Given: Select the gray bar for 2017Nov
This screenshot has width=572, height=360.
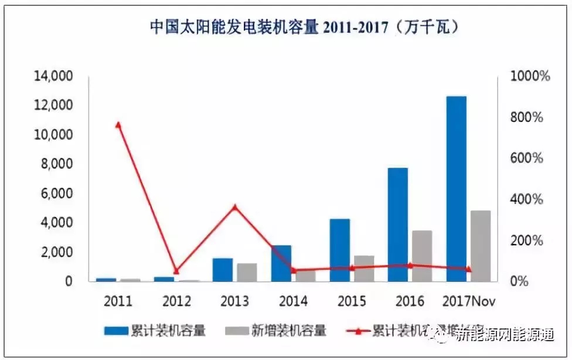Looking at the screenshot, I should (481, 246).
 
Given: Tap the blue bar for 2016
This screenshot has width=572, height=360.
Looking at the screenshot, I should (399, 225).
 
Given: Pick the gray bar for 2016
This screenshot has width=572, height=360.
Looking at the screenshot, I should (422, 256).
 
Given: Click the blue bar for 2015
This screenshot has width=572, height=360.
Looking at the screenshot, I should (340, 250).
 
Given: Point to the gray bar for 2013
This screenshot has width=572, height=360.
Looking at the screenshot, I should (247, 272).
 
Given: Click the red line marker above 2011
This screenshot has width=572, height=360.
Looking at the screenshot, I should (118, 124).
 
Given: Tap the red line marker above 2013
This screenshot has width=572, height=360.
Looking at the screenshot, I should (234, 207).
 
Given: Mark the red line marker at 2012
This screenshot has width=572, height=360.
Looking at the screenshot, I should (176, 271).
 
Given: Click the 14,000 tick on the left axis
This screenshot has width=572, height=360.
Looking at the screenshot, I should (53, 76).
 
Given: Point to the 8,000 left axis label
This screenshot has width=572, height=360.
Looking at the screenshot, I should (56, 164).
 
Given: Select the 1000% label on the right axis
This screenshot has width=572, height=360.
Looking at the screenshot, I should (529, 76).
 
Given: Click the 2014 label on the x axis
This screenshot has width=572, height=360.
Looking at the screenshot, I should (293, 301).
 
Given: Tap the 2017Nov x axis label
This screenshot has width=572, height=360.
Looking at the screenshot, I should (468, 301).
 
